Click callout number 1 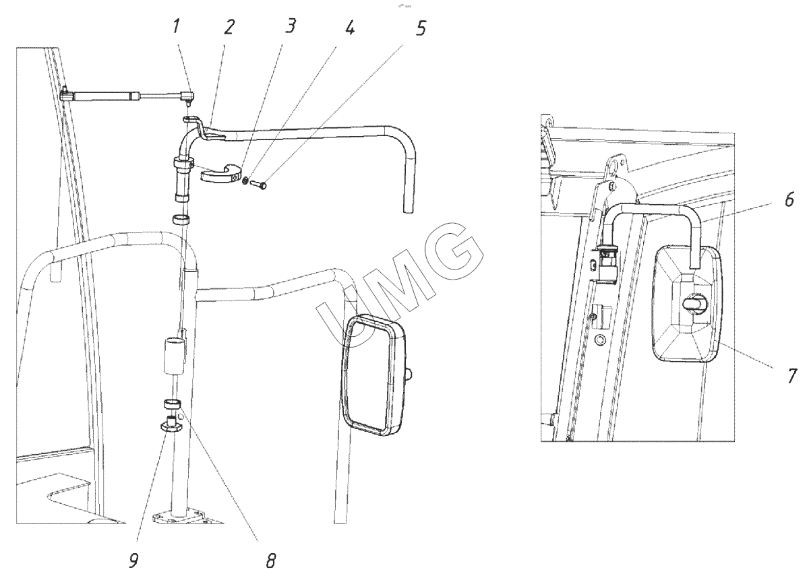click(x=175, y=27)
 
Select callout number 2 click(x=229, y=27)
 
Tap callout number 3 click(x=290, y=26)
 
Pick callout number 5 click(x=421, y=28)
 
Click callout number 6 click(x=789, y=199)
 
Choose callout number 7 click(x=791, y=376)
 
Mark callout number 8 click(x=271, y=560)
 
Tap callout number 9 click(x=133, y=560)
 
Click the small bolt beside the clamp click(x=258, y=185)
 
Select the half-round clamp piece click(x=220, y=173)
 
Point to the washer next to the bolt click(x=245, y=180)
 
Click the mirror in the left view click(x=373, y=375)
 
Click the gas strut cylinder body click(x=107, y=96)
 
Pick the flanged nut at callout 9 click(x=171, y=424)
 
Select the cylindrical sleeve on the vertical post click(x=175, y=356)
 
